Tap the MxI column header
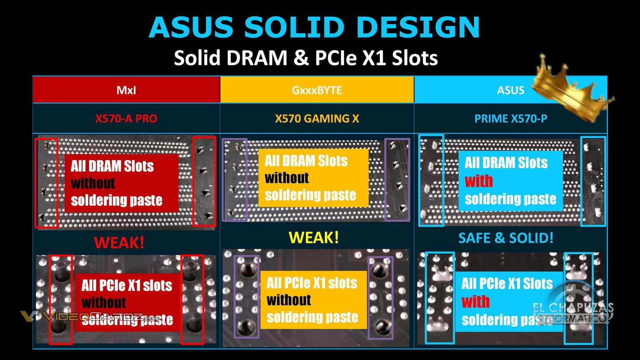[x=126, y=90]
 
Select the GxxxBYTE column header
[x=317, y=90]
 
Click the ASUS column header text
[x=510, y=90]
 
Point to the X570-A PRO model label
[x=126, y=118]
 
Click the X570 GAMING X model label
[x=317, y=118]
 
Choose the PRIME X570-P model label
[x=511, y=118]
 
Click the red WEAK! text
[x=119, y=243]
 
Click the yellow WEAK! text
[x=314, y=237]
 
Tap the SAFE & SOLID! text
[x=506, y=238]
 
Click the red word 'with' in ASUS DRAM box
[x=479, y=181]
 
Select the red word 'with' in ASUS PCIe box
[x=475, y=302]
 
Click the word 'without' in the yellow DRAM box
[x=287, y=178]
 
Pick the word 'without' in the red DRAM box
[x=93, y=183]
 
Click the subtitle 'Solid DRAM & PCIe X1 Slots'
[x=306, y=58]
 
